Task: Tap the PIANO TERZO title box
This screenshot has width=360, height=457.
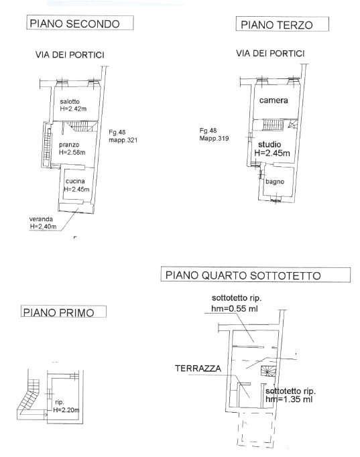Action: [282, 24]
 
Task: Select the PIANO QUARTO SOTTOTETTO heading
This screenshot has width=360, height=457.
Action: [255, 275]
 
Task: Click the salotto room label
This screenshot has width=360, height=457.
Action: [70, 102]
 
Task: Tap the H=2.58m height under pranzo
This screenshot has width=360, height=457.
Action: [72, 152]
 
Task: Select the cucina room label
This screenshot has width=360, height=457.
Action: [75, 182]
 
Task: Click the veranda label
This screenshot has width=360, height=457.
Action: [41, 219]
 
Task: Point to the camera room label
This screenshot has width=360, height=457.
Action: [274, 101]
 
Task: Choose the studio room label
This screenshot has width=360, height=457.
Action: [269, 144]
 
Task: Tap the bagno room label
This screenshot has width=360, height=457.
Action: [275, 182]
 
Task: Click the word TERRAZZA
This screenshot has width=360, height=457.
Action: [198, 369]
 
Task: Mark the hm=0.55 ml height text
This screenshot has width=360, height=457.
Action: [235, 308]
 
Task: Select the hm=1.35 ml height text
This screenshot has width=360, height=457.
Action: [289, 399]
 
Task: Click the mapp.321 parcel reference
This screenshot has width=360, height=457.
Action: [123, 140]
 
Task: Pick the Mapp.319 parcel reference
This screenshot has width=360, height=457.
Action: [214, 138]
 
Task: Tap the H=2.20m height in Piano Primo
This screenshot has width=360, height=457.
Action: [66, 410]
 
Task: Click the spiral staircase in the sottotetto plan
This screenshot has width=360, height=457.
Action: [268, 371]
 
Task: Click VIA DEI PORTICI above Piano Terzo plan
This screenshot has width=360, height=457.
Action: [271, 54]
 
